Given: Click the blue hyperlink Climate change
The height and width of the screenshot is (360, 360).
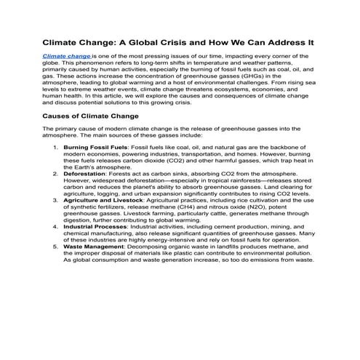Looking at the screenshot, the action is click(66, 55).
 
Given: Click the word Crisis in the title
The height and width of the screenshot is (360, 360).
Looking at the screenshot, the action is click(180, 42).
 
